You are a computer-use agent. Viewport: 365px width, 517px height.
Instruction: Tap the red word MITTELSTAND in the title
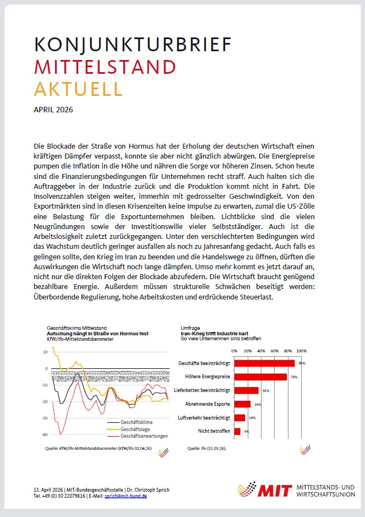coord(105,67)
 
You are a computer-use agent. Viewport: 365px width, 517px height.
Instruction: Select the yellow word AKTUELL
coord(78,88)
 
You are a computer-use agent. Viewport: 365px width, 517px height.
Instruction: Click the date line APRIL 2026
coord(53,110)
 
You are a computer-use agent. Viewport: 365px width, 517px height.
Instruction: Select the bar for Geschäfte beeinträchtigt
coord(264,363)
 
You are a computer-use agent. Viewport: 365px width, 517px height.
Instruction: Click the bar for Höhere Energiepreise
coord(260,377)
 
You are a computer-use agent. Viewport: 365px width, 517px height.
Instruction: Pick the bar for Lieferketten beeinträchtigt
coord(246,390)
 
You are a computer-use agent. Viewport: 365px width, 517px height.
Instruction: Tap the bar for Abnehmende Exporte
coord(242,404)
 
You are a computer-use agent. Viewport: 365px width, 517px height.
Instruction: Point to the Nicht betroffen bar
coord(237,431)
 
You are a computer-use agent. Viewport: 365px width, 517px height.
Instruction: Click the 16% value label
coord(253,418)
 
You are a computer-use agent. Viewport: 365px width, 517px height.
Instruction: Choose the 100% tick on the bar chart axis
coord(302,350)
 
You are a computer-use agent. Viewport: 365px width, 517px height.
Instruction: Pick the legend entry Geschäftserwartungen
coord(145,436)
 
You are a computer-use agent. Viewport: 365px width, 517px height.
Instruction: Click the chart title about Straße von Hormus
coord(98,334)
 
